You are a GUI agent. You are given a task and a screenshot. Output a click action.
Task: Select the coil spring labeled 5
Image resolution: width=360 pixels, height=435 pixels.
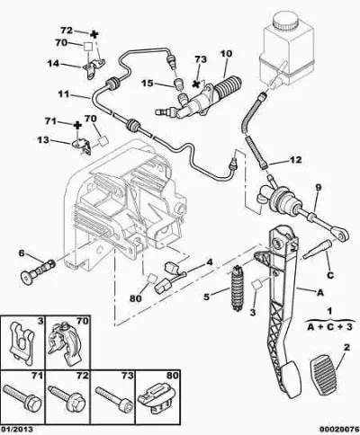(238, 288)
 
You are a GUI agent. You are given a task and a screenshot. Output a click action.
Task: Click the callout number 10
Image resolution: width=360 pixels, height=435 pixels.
(226, 54)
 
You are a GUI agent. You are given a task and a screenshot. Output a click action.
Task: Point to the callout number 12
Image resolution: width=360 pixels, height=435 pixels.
(295, 160)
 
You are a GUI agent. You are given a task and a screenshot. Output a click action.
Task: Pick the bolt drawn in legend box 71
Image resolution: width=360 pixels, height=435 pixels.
(22, 397)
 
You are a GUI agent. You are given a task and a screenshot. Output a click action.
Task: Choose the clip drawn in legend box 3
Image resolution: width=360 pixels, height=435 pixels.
(22, 342)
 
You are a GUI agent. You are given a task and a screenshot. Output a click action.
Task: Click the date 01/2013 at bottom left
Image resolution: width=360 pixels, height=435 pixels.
(16, 430)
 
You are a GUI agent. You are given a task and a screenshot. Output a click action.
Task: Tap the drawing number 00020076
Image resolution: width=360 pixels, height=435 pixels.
(339, 430)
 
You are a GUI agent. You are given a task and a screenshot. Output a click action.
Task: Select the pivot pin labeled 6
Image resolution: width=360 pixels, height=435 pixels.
(38, 270)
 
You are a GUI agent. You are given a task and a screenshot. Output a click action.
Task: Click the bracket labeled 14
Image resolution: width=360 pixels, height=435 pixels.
(94, 69)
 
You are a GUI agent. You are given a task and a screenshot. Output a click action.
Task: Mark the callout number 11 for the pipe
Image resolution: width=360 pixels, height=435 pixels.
(64, 94)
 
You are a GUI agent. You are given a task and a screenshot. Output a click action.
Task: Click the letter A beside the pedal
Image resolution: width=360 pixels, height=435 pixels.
(320, 292)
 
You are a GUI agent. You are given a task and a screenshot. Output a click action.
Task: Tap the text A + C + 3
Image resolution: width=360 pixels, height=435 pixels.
(329, 327)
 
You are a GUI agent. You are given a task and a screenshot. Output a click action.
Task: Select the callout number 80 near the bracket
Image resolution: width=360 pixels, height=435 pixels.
(136, 298)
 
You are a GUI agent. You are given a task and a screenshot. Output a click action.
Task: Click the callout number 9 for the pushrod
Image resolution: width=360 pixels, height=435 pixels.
(318, 188)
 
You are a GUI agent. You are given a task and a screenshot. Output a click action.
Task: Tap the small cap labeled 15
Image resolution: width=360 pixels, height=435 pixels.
(179, 84)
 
